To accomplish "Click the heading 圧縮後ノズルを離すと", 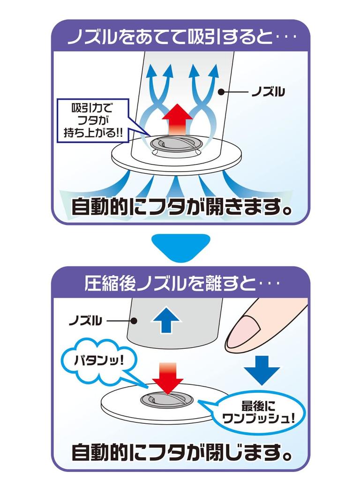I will pyautogui.click(x=180, y=283).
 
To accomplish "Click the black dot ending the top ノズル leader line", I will pyautogui.click(x=221, y=92).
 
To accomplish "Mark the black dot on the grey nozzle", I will pyautogui.click(x=134, y=322).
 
